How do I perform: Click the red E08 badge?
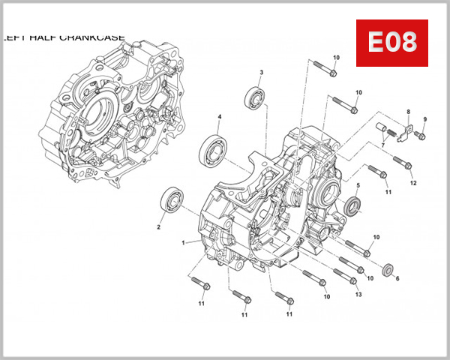click(391, 43)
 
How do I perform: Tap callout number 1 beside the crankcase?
click(182, 243)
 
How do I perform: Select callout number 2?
click(159, 226)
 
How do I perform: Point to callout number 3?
click(261, 73)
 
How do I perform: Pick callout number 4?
click(219, 117)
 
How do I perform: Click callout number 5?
click(358, 185)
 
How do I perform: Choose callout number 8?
click(409, 112)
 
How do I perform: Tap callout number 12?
click(412, 183)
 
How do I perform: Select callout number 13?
click(358, 294)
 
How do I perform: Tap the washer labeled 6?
click(388, 268)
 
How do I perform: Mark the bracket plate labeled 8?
click(406, 132)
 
